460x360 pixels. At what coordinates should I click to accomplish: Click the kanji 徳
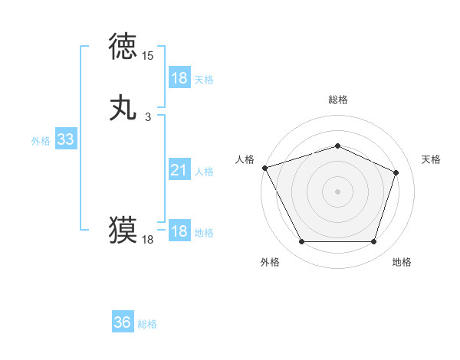[123, 46]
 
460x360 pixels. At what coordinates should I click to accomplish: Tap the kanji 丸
[123, 107]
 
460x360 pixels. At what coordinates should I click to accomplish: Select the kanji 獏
[123, 229]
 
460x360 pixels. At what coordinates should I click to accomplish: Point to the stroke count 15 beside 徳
[148, 56]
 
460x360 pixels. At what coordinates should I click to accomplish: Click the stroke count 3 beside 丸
[148, 117]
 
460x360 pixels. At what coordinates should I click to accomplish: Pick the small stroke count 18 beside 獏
[148, 240]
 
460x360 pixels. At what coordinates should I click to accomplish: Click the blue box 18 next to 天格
[179, 78]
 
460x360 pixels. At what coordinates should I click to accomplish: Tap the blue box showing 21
[179, 170]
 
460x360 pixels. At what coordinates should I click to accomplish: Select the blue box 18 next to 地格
[179, 231]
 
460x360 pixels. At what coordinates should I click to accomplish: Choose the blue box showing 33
[65, 139]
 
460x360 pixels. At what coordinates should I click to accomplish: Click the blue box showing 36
[123, 322]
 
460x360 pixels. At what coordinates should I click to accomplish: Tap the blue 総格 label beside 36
[147, 324]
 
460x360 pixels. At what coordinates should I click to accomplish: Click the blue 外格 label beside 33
[41, 141]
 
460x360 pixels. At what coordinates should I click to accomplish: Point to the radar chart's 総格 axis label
[337, 100]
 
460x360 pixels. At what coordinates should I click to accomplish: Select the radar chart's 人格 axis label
[245, 159]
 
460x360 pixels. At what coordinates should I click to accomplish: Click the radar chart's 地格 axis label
[402, 262]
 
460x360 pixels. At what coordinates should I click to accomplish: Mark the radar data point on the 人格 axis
[264, 168]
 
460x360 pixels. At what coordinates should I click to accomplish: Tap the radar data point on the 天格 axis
[396, 172]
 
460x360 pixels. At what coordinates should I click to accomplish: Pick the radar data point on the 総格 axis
[337, 146]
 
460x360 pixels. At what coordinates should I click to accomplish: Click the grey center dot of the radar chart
[337, 191]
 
